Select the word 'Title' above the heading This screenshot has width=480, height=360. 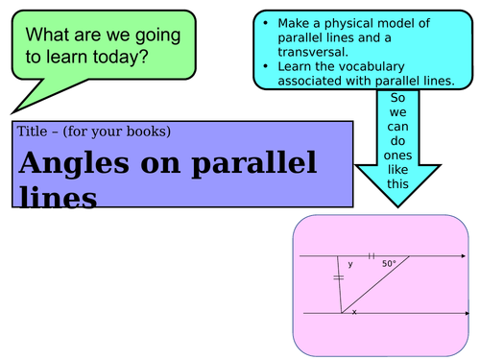(33, 132)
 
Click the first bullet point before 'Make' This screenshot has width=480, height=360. (267, 22)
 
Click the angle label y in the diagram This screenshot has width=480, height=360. (350, 263)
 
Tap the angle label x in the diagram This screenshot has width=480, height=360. (353, 312)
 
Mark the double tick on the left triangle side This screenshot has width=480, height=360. (338, 278)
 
